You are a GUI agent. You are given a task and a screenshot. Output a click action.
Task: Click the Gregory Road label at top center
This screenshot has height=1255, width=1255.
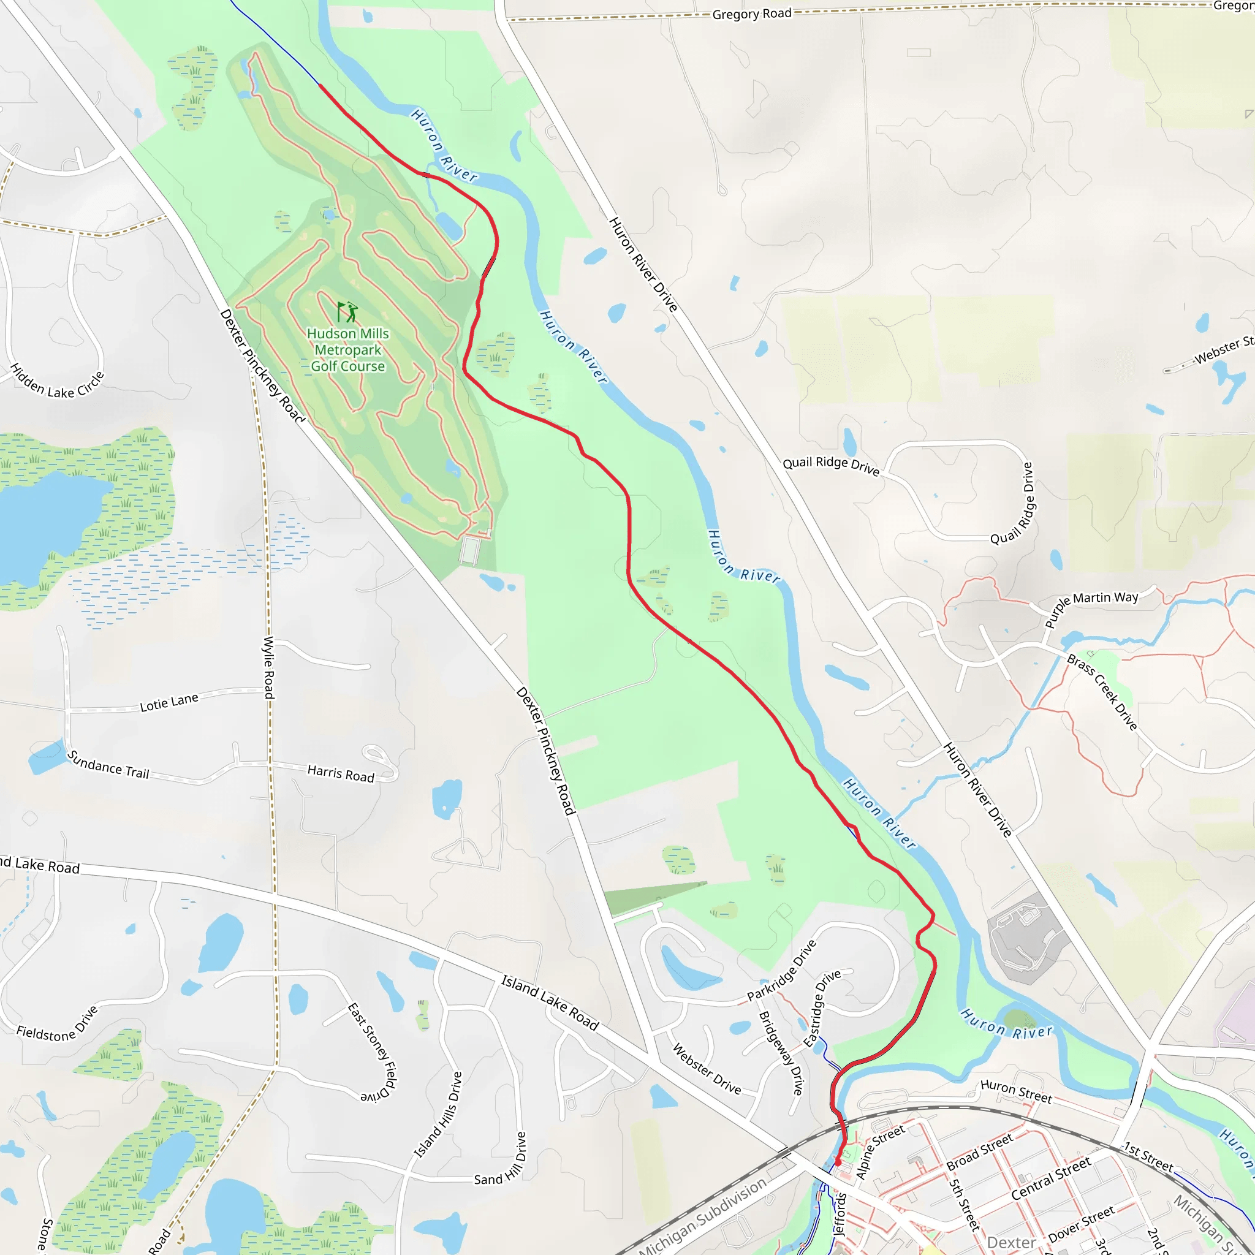pos(751,13)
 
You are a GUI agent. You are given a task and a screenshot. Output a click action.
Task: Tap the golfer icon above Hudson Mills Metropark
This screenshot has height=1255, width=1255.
pos(347,312)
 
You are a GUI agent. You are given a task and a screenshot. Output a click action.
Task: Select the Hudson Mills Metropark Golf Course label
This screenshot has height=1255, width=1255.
pos(347,349)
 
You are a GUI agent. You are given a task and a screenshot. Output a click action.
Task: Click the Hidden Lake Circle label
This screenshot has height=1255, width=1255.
pos(57,382)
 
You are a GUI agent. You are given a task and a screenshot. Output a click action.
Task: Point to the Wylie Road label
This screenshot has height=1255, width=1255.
pos(268,667)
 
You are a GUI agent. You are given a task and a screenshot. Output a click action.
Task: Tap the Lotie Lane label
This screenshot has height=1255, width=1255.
pos(169,702)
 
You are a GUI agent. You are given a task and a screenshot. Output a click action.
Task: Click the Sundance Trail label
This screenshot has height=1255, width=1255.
pos(108,765)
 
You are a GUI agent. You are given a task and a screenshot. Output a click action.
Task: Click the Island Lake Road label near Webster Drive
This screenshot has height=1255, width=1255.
pos(550,1003)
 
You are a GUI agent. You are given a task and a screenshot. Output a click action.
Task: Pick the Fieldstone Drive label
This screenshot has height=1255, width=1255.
pos(57,1026)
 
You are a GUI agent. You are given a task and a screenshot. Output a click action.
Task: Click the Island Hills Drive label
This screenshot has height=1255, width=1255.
pos(439,1115)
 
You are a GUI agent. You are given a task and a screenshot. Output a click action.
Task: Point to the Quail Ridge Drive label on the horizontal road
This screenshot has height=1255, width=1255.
pos(831,465)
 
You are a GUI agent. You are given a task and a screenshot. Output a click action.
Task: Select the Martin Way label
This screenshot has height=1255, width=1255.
pos(1105,597)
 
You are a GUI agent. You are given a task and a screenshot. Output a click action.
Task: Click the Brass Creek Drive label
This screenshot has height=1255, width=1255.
pos(1102,692)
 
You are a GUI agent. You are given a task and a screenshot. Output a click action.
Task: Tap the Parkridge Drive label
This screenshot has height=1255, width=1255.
pos(781,971)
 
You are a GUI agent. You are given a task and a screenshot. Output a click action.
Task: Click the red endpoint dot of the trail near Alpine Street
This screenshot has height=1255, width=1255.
pos(837,1162)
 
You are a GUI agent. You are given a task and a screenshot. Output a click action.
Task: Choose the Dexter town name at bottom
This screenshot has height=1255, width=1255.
pos(1010,1242)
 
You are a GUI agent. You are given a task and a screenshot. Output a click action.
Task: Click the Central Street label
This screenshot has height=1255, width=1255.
pos(1051,1178)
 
